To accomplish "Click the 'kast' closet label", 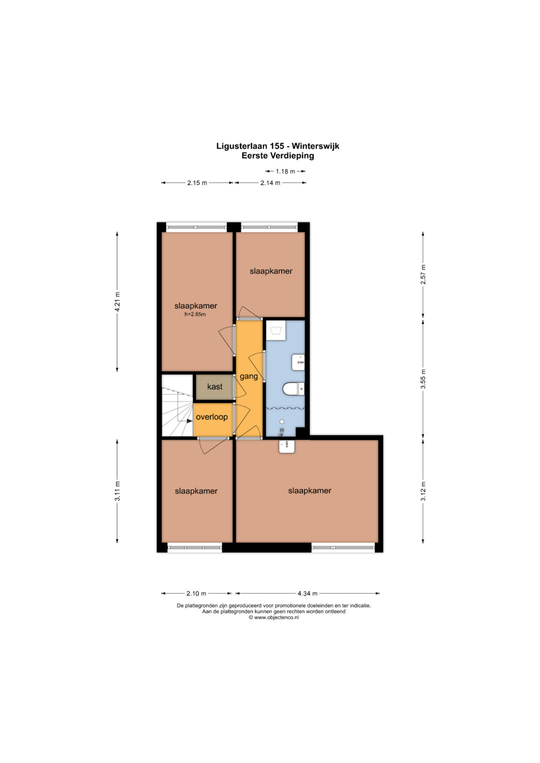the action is pyautogui.click(x=214, y=387).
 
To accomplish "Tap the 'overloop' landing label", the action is pyautogui.click(x=211, y=417).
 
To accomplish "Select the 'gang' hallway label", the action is pyautogui.click(x=248, y=377).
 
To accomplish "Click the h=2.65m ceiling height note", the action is pyautogui.click(x=195, y=314).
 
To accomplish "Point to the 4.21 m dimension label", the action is pyautogui.click(x=117, y=302).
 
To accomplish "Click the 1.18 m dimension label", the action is pyautogui.click(x=285, y=171).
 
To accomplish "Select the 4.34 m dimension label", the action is pyautogui.click(x=307, y=594).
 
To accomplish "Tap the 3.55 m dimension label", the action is pyautogui.click(x=423, y=379).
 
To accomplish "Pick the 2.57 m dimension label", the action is pyautogui.click(x=423, y=275).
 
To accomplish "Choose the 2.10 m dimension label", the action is pyautogui.click(x=196, y=594).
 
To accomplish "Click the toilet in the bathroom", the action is pyautogui.click(x=293, y=389).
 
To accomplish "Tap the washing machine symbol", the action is pyautogui.click(x=276, y=330).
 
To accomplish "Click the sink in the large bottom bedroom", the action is pyautogui.click(x=286, y=447).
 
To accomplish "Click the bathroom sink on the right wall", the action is pyautogui.click(x=298, y=362).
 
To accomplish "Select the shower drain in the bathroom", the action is pyautogui.click(x=282, y=422).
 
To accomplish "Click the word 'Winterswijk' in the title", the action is pyautogui.click(x=315, y=146).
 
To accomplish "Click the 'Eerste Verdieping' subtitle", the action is pyautogui.click(x=278, y=156).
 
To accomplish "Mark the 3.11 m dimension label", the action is pyautogui.click(x=117, y=491).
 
